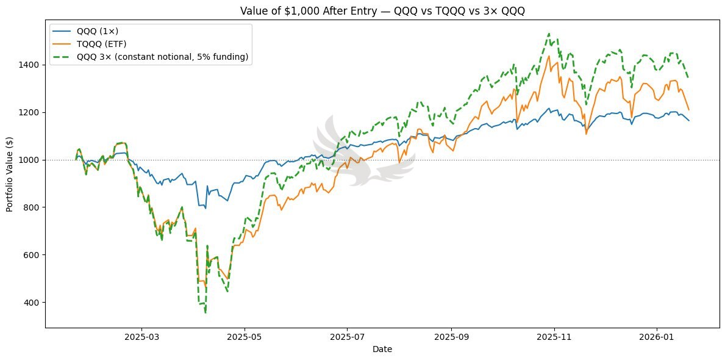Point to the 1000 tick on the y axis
click(x=32, y=160)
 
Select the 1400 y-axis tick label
click(x=32, y=65)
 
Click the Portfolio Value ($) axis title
click(x=10, y=174)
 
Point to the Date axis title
click(x=382, y=349)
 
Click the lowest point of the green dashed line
click(x=205, y=312)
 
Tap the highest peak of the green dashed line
click(x=549, y=34)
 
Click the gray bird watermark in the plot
click(x=360, y=153)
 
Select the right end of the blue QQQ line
click(x=689, y=120)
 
